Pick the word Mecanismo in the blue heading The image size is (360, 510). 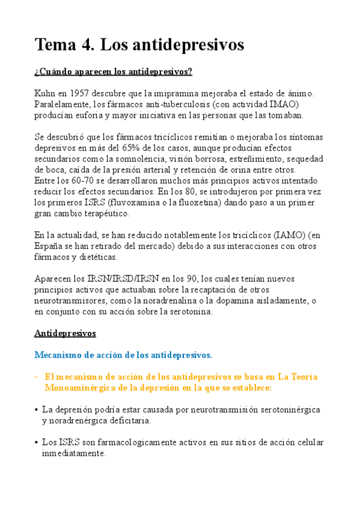[58, 355]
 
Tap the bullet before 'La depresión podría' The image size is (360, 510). [37, 410]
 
